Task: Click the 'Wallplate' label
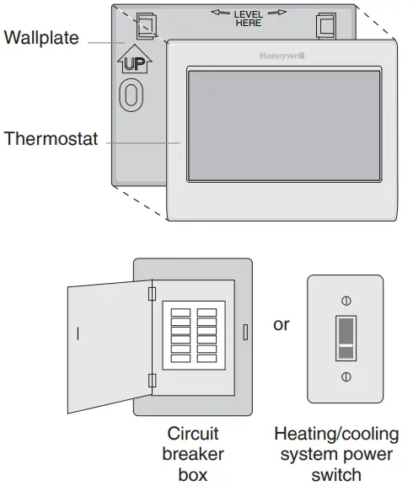(x=41, y=38)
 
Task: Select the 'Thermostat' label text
(x=51, y=138)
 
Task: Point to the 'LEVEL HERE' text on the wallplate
(x=248, y=17)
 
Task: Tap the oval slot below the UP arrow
(x=131, y=94)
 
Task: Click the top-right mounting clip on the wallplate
(x=324, y=26)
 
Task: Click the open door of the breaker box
(x=110, y=346)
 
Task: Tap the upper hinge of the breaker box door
(x=152, y=292)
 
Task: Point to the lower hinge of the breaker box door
(x=152, y=381)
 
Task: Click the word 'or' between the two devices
(x=282, y=324)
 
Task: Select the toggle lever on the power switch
(x=344, y=338)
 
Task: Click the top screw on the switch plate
(x=344, y=301)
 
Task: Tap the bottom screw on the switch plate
(x=344, y=376)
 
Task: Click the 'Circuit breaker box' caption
(x=193, y=454)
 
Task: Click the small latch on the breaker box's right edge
(x=245, y=331)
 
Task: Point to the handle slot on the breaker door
(x=78, y=334)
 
